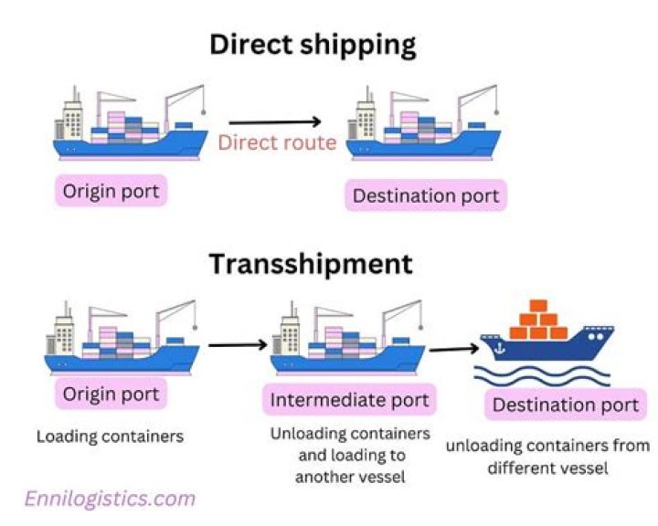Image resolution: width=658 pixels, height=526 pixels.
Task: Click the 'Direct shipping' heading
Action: pos(313,44)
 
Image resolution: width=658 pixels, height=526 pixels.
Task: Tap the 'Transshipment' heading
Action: pos(311,264)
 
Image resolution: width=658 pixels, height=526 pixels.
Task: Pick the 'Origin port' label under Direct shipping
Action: pos(111,192)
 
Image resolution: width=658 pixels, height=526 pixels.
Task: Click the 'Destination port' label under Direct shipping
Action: pos(426,195)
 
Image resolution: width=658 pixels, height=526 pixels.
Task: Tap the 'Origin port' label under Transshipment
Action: pos(111,394)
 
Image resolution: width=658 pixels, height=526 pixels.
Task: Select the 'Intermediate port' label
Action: pos(349,399)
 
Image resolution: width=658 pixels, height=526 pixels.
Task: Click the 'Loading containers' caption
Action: pos(110,437)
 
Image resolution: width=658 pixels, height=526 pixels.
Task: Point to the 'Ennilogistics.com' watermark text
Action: pos(110,499)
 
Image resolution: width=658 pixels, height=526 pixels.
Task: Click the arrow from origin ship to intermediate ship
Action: pos(237,345)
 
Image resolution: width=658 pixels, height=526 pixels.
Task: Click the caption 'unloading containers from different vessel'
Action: pos(548,458)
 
